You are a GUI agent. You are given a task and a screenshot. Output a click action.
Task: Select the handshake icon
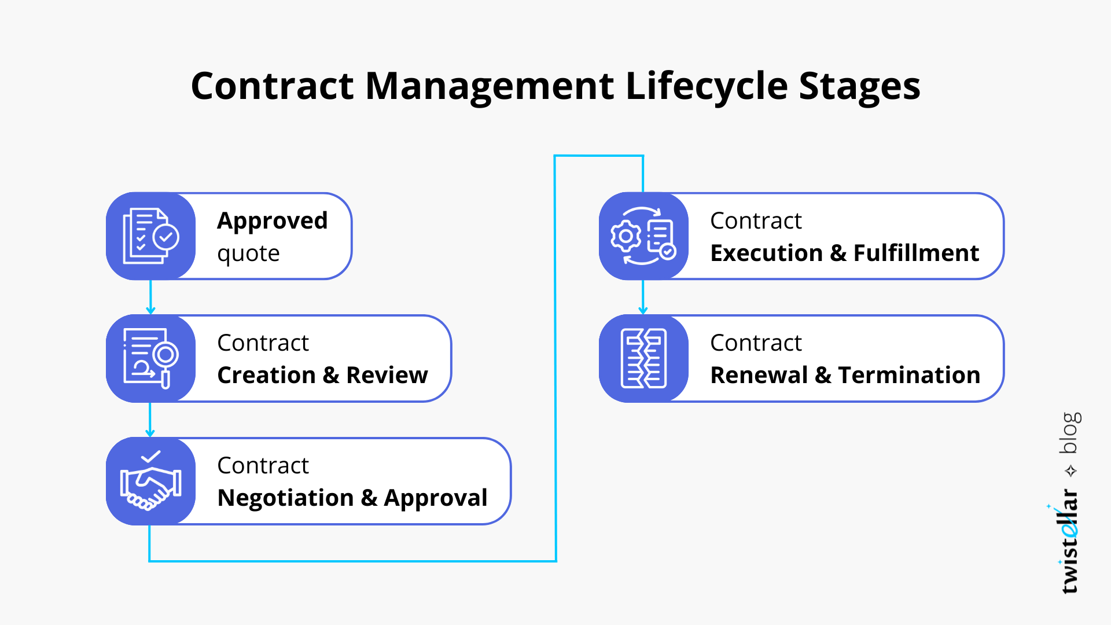150,481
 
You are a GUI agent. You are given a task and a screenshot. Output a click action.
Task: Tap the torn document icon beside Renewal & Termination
643,358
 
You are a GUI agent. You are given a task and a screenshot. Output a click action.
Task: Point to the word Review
387,375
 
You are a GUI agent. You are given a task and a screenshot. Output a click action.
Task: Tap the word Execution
767,253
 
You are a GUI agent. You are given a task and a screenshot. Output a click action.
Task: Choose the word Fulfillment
916,253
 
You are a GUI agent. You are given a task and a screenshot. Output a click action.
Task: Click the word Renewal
759,375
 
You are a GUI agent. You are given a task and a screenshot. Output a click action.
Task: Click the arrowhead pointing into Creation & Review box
150,310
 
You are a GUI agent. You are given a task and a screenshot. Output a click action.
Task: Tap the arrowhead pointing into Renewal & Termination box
643,310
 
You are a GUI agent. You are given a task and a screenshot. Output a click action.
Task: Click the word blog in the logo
1070,433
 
